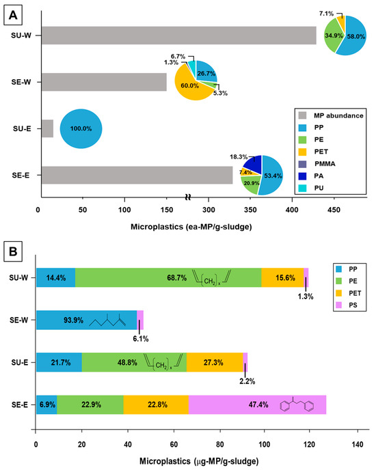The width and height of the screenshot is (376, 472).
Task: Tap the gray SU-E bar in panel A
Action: pyautogui.click(x=45, y=128)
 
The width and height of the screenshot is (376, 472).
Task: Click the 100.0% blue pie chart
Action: pyautogui.click(x=81, y=128)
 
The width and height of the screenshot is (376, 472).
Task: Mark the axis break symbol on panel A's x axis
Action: pyautogui.click(x=187, y=198)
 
